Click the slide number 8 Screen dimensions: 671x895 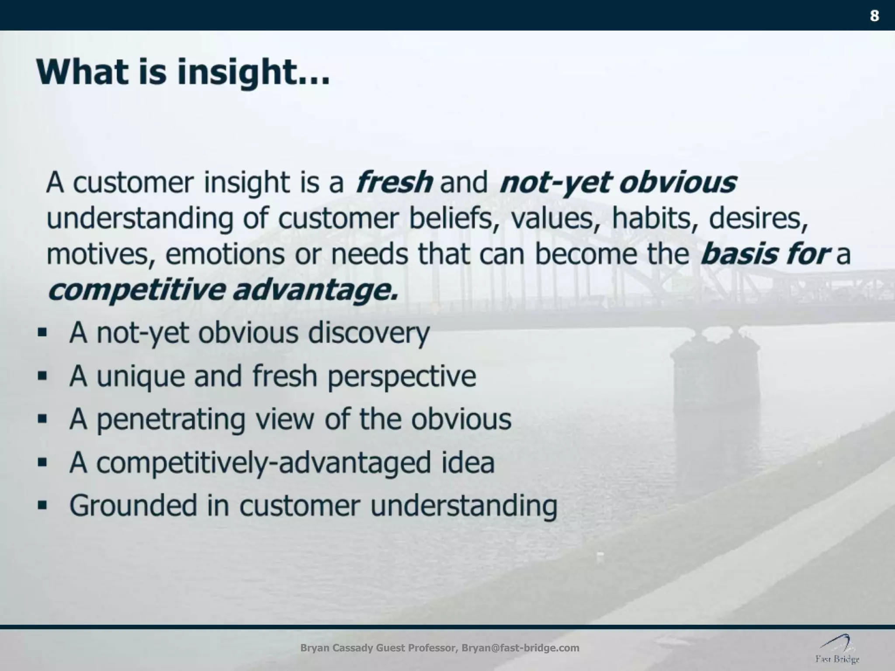[x=874, y=16]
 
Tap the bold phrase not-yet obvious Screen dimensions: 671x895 [x=618, y=182]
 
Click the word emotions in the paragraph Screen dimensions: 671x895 [x=225, y=254]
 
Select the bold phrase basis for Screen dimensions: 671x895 [x=764, y=254]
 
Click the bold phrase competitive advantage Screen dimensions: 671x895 [x=223, y=290]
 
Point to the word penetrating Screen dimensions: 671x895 [x=170, y=419]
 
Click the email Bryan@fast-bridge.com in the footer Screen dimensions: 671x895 [x=520, y=648]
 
